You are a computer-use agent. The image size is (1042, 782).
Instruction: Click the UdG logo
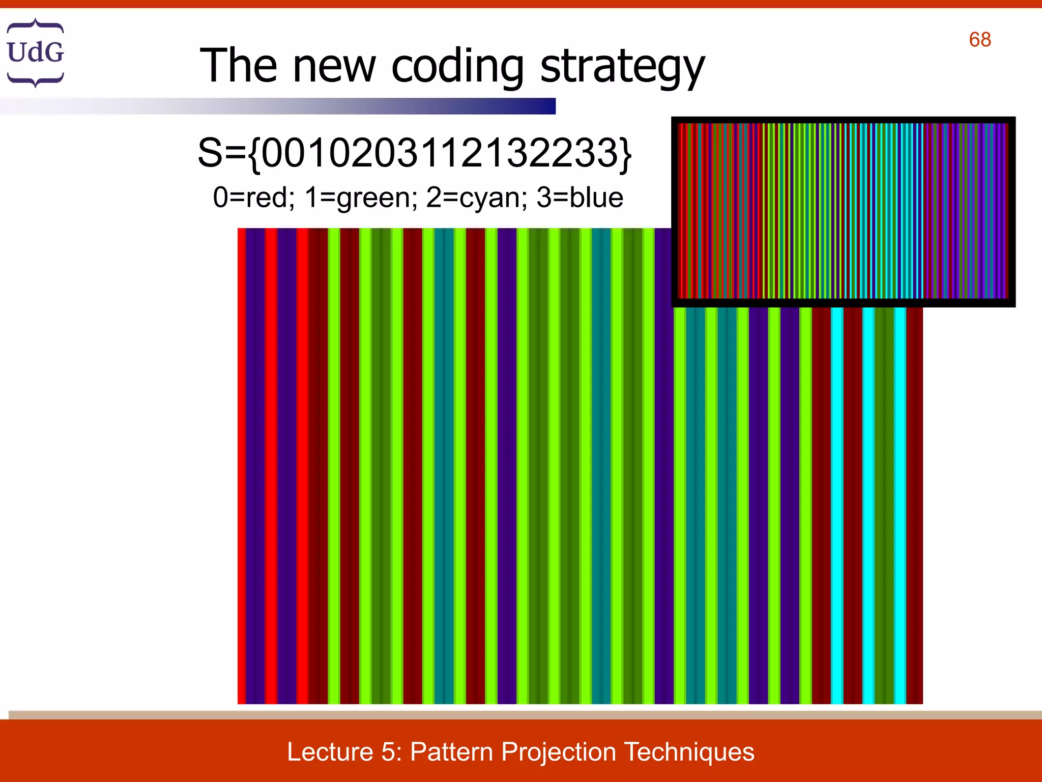35,52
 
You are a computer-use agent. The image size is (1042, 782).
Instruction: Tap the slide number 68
979,40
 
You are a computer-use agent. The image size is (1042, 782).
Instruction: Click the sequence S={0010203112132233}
414,153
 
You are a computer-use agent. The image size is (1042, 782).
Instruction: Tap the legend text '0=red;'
253,198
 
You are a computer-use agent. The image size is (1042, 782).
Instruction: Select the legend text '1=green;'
361,198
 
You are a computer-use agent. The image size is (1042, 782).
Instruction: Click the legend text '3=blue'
580,198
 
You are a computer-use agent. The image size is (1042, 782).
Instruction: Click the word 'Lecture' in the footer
330,752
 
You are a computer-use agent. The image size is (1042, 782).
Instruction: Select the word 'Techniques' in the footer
689,752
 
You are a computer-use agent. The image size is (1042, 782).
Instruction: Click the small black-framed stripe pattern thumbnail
843,212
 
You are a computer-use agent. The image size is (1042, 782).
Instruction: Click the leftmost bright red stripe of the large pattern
242,466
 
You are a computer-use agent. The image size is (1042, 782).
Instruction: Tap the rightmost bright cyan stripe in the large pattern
900,504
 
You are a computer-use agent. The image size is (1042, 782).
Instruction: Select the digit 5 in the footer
388,752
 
